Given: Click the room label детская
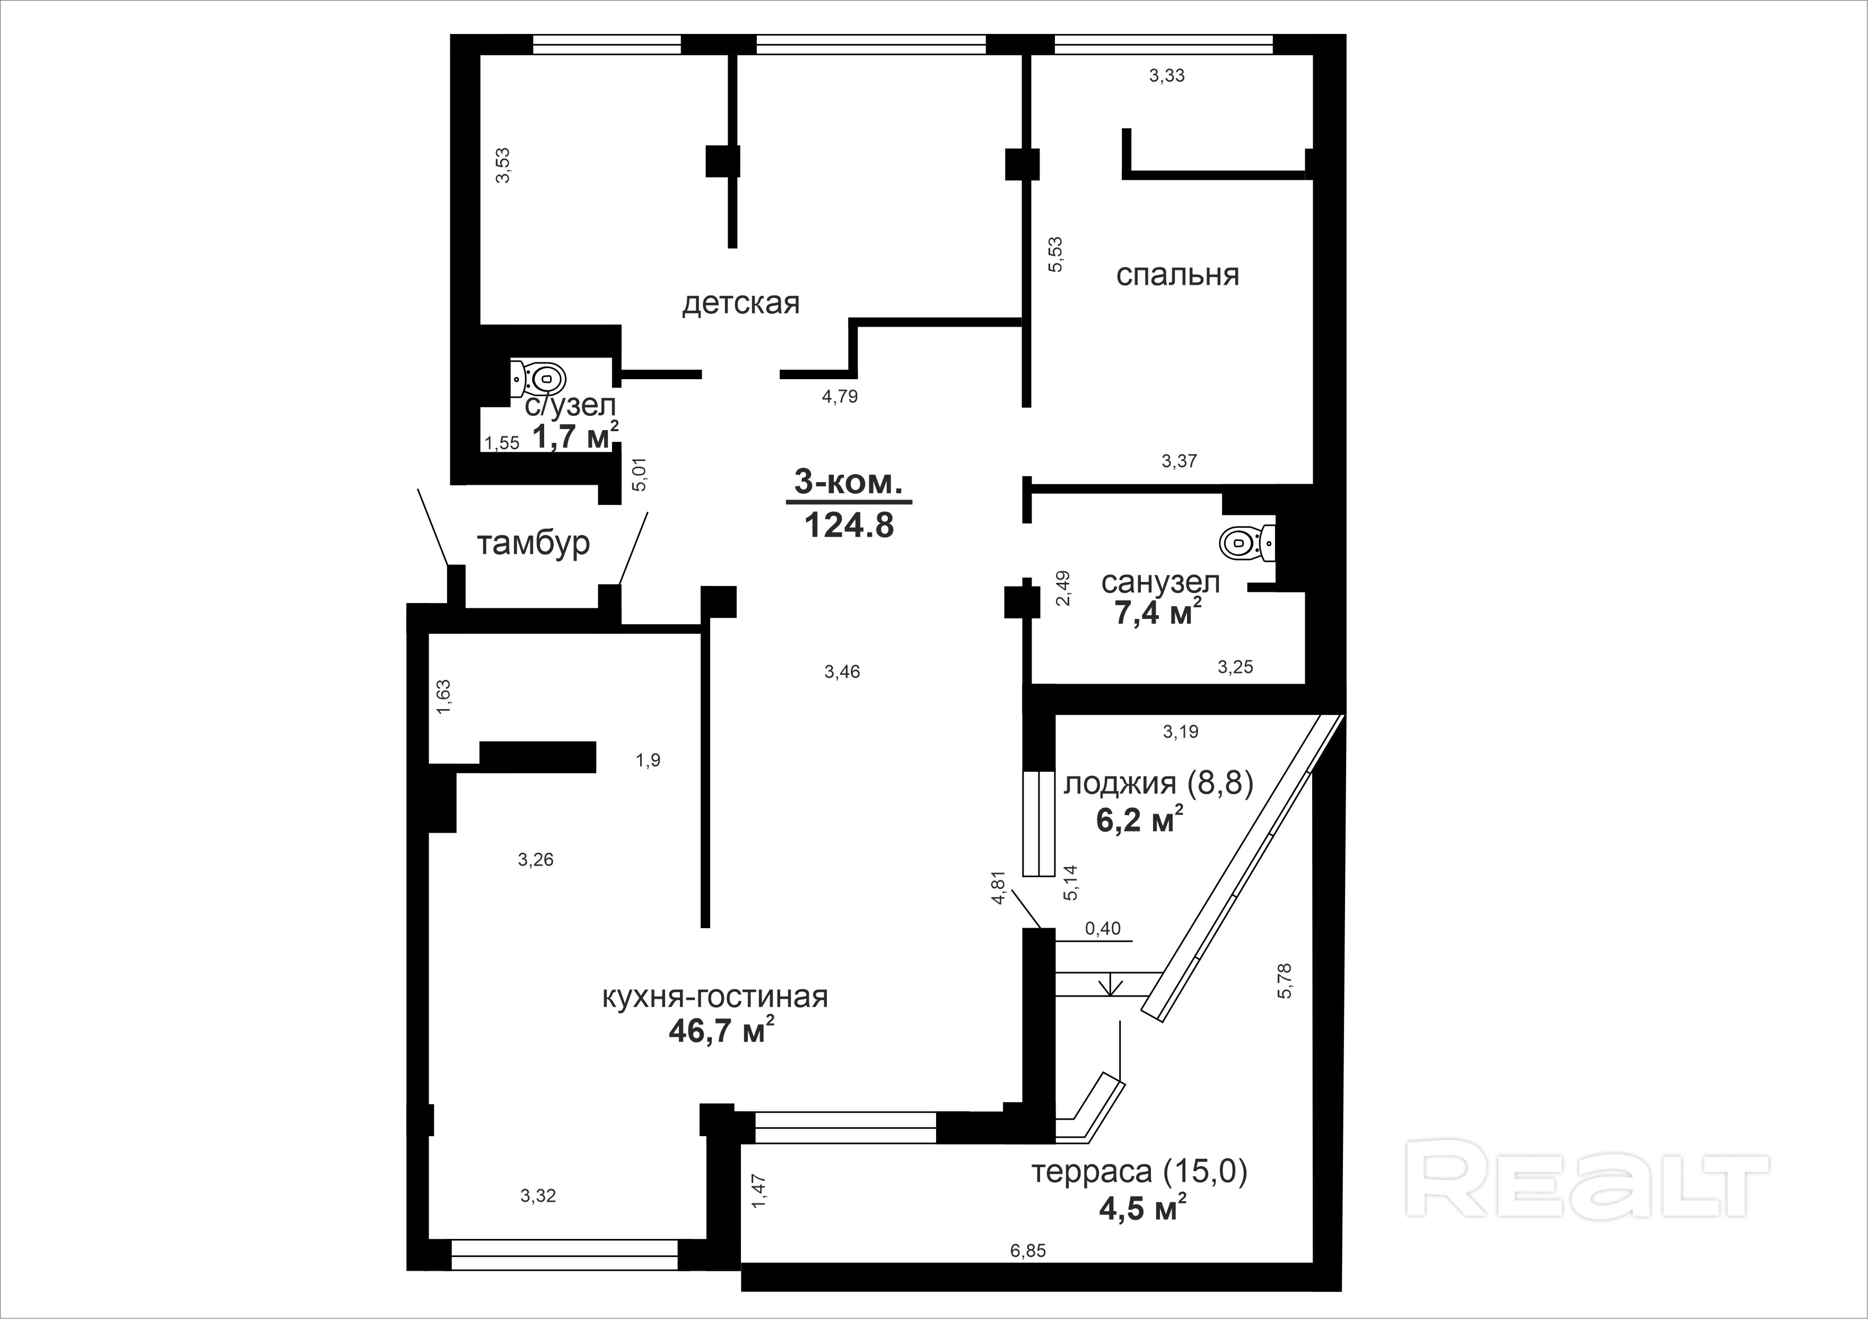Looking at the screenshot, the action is tap(740, 303).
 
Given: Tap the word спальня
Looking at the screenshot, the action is tap(1177, 275).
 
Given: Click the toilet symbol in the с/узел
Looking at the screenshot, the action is tap(538, 378).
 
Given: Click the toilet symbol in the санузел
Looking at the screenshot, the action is tap(1248, 542).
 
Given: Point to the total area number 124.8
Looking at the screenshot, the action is tap(849, 526).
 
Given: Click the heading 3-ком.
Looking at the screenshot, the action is tap(849, 483).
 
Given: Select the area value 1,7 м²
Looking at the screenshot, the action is tap(575, 436).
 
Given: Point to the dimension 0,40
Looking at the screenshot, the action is tap(1103, 929).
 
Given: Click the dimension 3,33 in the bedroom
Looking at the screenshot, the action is tap(1167, 76).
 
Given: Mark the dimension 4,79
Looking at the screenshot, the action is tap(840, 397).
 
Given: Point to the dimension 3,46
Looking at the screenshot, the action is tap(842, 671).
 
